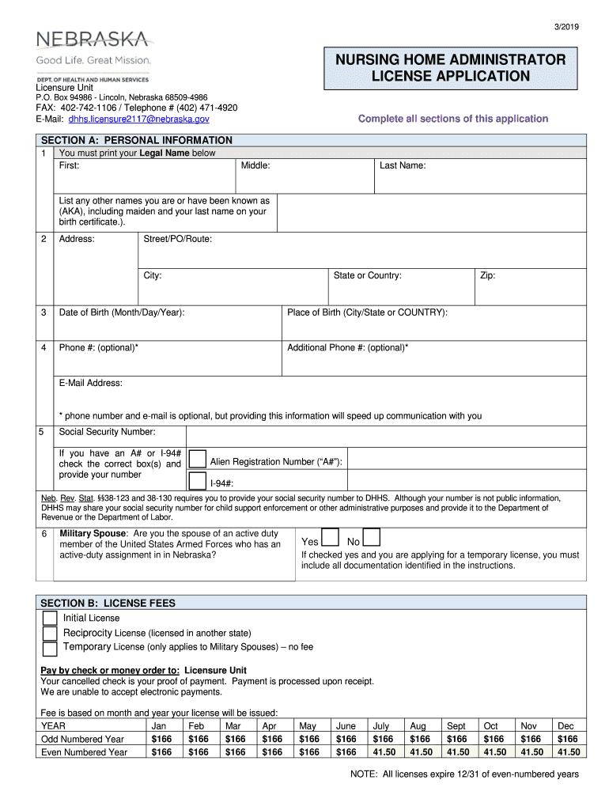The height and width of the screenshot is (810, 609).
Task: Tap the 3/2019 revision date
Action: (568, 27)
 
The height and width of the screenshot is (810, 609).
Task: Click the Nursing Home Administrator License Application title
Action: (451, 68)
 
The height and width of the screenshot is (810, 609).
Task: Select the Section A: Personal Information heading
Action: (136, 140)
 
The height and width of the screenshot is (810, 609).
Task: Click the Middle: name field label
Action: (256, 165)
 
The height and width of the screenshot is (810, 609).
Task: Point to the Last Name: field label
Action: (403, 165)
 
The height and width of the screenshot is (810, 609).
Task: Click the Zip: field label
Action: (487, 275)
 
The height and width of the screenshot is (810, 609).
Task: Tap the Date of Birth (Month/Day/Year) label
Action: (122, 312)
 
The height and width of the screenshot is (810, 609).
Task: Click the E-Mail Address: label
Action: (91, 383)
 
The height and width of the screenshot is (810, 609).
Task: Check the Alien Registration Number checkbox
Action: (197, 460)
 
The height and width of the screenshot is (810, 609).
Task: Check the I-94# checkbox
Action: (197, 481)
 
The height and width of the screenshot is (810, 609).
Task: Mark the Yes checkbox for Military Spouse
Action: (331, 539)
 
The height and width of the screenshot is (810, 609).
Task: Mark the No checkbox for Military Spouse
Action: (372, 539)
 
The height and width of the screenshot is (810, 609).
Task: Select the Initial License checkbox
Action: (50, 618)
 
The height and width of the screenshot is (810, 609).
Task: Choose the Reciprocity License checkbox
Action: (50, 633)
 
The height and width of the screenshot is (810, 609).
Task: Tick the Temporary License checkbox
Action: (50, 649)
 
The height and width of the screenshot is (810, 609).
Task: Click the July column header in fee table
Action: (381, 725)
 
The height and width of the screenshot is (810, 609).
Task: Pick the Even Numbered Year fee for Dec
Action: (566, 752)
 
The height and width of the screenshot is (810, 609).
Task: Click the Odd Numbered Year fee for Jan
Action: (161, 739)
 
